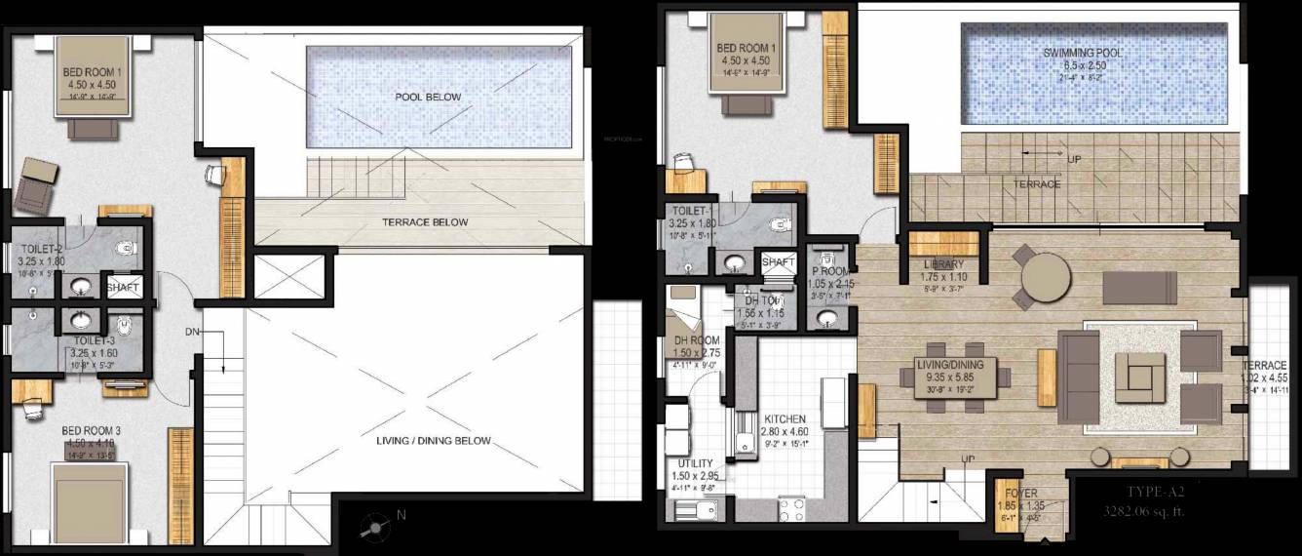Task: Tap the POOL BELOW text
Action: click(428, 97)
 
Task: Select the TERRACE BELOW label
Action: click(424, 222)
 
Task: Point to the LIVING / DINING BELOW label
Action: click(433, 441)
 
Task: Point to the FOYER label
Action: click(1020, 494)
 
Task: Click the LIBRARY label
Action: click(943, 264)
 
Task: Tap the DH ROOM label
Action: click(696, 340)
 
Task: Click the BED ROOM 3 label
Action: click(91, 430)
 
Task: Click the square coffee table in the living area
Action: click(1140, 375)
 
